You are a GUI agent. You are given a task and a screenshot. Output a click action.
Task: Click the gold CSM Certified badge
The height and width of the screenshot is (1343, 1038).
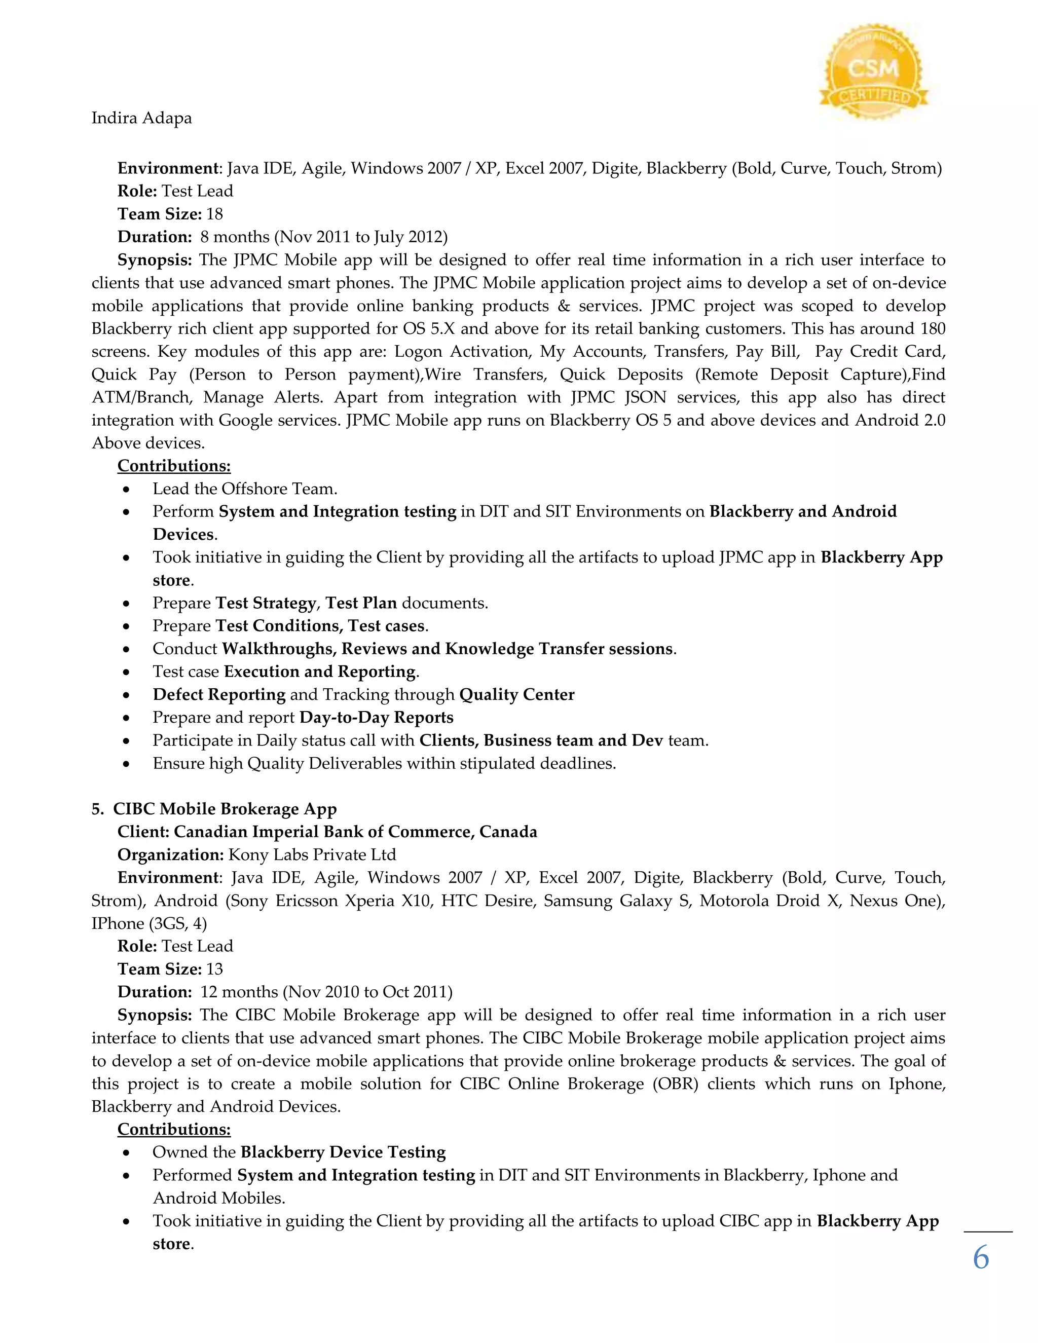pyautogui.click(x=873, y=72)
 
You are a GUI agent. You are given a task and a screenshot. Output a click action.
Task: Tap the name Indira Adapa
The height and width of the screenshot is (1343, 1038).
pyautogui.click(x=141, y=118)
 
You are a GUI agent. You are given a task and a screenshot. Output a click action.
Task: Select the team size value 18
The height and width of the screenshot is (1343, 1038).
pyautogui.click(x=214, y=214)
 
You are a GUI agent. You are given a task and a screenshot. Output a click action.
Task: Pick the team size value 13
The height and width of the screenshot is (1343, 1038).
pyautogui.click(x=214, y=969)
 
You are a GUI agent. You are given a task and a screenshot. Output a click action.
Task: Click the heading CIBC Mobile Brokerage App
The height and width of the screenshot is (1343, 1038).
pyautogui.click(x=225, y=809)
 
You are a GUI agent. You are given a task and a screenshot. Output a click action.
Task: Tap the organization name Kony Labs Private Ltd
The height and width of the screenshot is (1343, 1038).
pyautogui.click(x=312, y=855)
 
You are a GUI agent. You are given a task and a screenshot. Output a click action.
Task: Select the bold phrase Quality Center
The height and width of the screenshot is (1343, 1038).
pyautogui.click(x=516, y=695)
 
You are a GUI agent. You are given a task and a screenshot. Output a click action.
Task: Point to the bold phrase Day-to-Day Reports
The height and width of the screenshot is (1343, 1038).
pyautogui.click(x=377, y=718)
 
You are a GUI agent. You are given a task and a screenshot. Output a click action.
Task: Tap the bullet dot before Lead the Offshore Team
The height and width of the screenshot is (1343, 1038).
pyautogui.click(x=126, y=490)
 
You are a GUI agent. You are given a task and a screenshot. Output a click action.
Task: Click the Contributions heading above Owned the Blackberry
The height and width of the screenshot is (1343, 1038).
pyautogui.click(x=174, y=1130)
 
